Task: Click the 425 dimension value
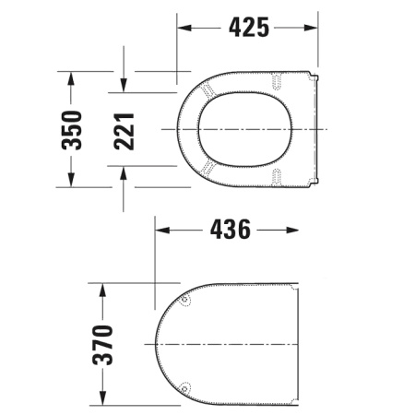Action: pyautogui.click(x=248, y=28)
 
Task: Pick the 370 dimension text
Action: pyautogui.click(x=103, y=343)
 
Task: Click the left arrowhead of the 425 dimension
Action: pyautogui.click(x=183, y=28)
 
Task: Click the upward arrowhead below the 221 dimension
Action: pyautogui.click(x=125, y=172)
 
